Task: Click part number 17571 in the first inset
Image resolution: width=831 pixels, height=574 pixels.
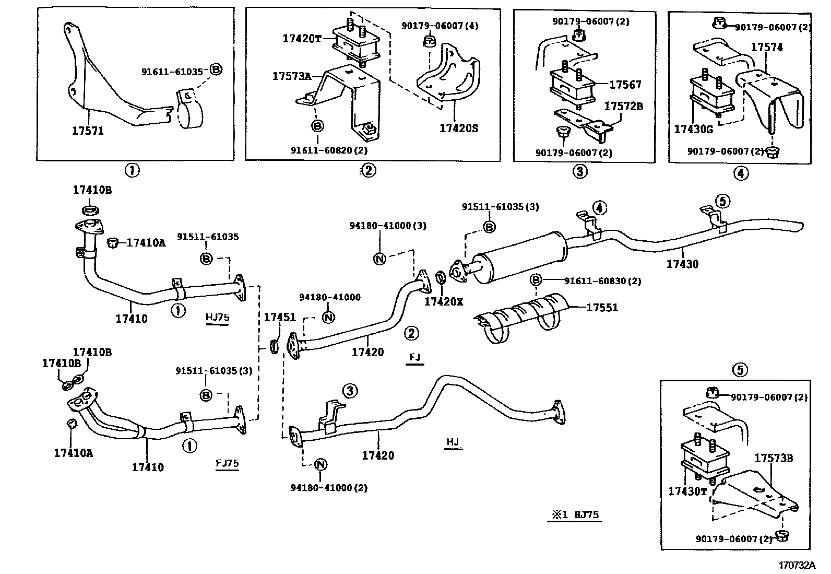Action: (x=88, y=131)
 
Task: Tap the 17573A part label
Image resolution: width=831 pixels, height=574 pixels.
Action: (x=291, y=76)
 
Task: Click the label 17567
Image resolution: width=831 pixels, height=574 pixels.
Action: (x=625, y=85)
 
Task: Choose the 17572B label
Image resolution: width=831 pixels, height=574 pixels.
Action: (x=623, y=106)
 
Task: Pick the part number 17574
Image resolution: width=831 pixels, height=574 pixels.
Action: (x=767, y=47)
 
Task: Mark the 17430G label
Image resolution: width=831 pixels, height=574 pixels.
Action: (x=693, y=128)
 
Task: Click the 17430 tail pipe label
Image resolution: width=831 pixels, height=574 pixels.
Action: (x=682, y=264)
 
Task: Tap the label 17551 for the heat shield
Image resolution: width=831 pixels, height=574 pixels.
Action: (x=602, y=308)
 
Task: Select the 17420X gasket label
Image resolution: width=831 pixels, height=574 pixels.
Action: (x=443, y=301)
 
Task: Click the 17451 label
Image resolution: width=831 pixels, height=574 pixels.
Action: (x=279, y=317)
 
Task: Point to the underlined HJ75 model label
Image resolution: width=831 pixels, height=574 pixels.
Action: (x=218, y=318)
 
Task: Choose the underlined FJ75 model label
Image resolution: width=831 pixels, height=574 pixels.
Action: (x=227, y=463)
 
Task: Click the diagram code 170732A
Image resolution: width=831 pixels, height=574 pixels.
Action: (x=797, y=565)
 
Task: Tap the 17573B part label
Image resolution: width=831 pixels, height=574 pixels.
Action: (x=774, y=458)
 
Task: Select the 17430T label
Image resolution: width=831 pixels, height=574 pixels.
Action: (x=687, y=491)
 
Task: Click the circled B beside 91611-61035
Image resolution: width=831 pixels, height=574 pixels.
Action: (x=216, y=69)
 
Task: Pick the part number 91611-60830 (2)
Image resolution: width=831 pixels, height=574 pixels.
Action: (x=602, y=281)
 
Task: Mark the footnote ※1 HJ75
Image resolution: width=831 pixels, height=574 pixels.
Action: (x=573, y=514)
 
